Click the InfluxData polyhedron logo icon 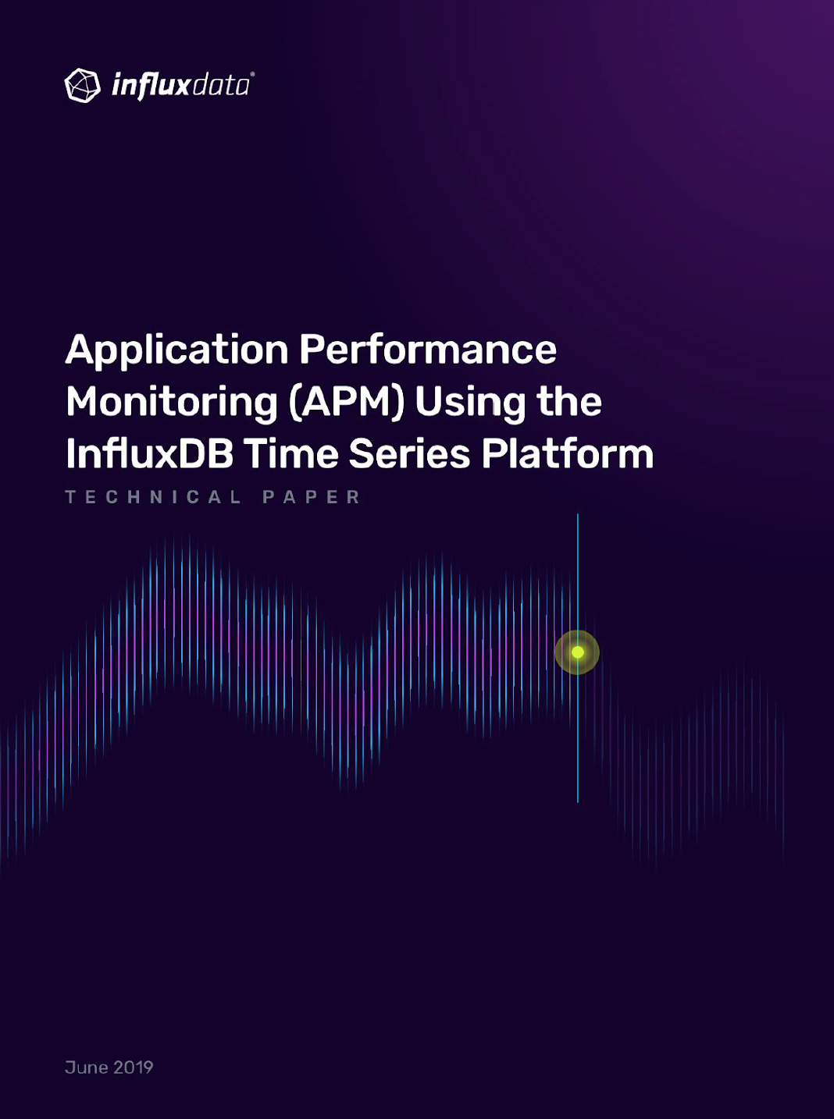tap(82, 85)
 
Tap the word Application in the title tap(176, 350)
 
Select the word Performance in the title tap(428, 349)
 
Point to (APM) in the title tap(347, 403)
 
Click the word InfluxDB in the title tap(149, 453)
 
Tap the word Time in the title tap(293, 453)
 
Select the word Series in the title tap(409, 453)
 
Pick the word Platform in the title tap(568, 453)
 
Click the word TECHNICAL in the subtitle tap(153, 497)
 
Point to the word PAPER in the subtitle tap(311, 497)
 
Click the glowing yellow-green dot tap(578, 652)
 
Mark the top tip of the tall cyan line tap(578, 514)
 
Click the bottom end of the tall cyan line tap(578, 801)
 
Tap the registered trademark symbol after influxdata tap(252, 74)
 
